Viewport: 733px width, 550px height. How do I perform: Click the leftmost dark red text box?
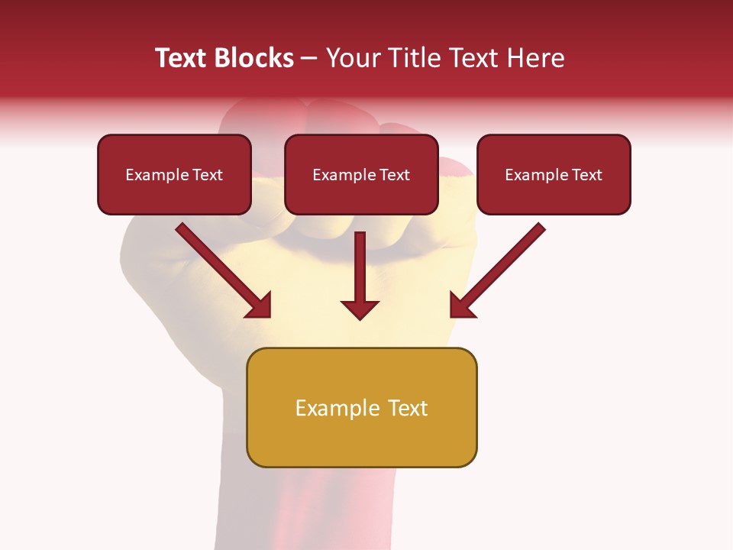(x=174, y=175)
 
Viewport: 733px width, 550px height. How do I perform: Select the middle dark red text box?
(x=361, y=175)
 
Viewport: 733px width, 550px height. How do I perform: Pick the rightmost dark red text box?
(x=554, y=175)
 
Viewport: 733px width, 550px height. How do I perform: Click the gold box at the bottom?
(x=361, y=408)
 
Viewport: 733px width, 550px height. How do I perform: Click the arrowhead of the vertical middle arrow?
(x=360, y=309)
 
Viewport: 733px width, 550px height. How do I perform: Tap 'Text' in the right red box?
(x=587, y=175)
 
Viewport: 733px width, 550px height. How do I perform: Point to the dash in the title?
(x=309, y=58)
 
